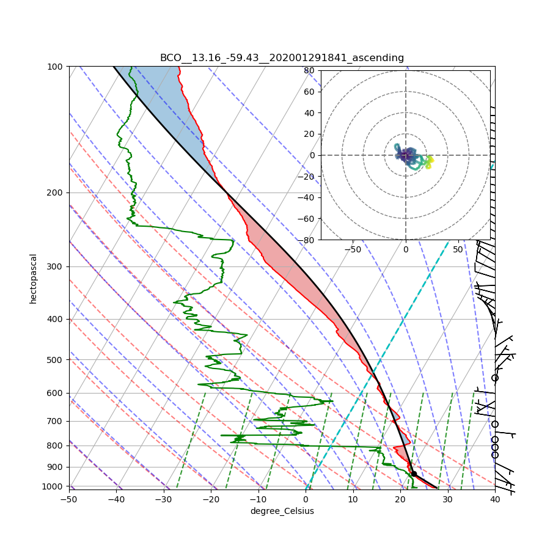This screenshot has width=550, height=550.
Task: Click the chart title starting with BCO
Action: [x=282, y=58]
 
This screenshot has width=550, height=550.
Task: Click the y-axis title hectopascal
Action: [x=33, y=279]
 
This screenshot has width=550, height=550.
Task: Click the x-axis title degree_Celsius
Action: [x=282, y=511]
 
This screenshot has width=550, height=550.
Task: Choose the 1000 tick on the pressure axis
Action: [x=53, y=486]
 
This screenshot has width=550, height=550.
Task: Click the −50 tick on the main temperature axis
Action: [x=69, y=499]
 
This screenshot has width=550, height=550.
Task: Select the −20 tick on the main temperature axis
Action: [x=211, y=499]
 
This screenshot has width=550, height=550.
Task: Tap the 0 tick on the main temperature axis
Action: [x=306, y=499]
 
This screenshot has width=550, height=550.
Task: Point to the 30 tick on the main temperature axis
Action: [x=447, y=499]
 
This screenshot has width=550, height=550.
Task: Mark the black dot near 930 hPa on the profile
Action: [x=414, y=474]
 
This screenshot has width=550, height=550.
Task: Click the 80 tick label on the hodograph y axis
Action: [x=309, y=70]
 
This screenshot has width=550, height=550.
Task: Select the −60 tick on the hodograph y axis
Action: [x=307, y=219]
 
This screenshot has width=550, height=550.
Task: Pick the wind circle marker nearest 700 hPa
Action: [x=495, y=424]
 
